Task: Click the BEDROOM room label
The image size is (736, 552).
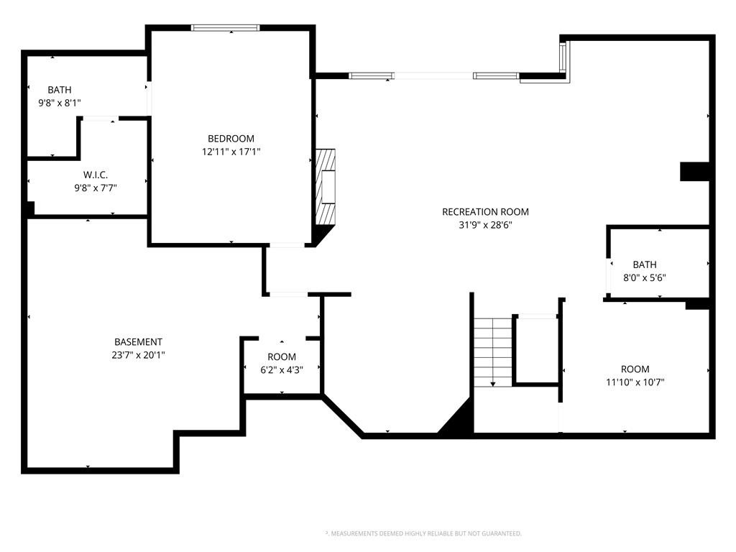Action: [x=231, y=139]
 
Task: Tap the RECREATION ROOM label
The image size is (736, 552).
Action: [x=485, y=212]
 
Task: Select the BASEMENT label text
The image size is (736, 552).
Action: [x=139, y=341]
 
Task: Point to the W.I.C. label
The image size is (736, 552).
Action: [x=96, y=175]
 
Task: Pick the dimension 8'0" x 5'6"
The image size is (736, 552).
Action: [x=645, y=277]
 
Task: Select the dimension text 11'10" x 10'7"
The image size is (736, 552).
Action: [x=635, y=382]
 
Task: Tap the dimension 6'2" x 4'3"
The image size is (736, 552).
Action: [x=282, y=370]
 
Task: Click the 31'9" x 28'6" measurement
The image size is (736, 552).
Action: [x=485, y=225]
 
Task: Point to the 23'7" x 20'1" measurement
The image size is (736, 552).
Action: [x=139, y=355]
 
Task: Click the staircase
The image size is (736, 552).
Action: [x=493, y=352]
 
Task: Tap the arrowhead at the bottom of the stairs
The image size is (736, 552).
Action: [x=493, y=385]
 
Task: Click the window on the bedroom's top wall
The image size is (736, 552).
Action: [x=225, y=28]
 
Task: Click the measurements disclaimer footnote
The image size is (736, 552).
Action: [x=423, y=533]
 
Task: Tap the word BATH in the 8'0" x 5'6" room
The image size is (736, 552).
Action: [x=645, y=264]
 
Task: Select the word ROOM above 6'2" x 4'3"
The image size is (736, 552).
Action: [x=282, y=356]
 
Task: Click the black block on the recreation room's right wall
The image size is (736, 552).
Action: [x=694, y=171]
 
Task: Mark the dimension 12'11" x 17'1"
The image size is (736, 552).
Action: [x=231, y=152]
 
